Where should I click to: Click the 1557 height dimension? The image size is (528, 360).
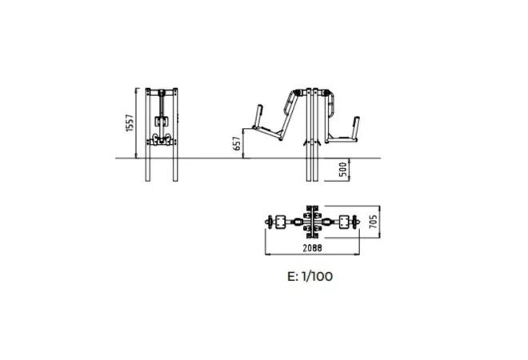point(130,123)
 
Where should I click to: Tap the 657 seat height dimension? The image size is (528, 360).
point(237,143)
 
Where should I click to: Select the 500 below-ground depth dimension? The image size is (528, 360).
point(342,170)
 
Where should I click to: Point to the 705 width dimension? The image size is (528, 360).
point(373,222)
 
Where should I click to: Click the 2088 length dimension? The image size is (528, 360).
point(312,248)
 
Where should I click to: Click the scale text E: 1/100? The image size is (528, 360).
point(310,276)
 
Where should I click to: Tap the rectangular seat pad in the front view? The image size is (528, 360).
point(161,122)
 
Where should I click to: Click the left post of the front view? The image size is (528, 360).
point(148,134)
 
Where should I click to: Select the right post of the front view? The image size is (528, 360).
point(175,134)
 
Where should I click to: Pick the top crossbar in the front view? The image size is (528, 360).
point(162,92)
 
